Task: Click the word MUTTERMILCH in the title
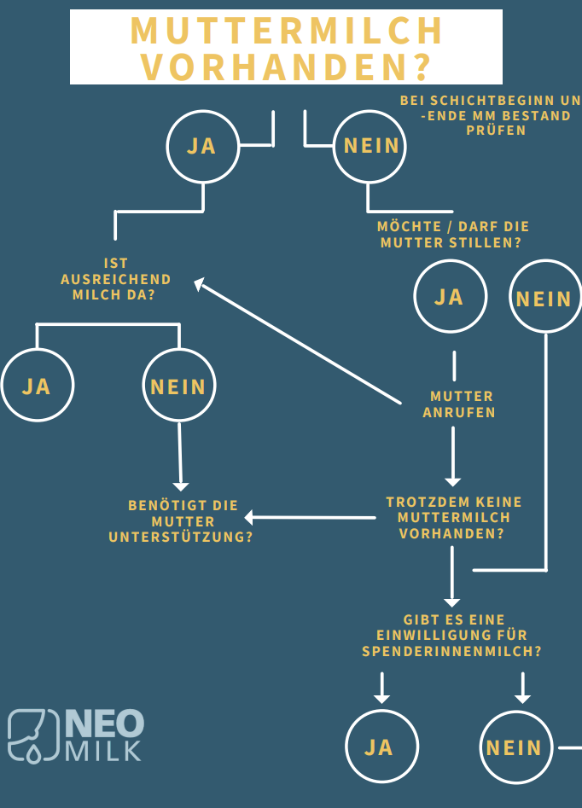click(x=287, y=31)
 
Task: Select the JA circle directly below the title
click(x=202, y=146)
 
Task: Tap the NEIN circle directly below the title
click(x=370, y=146)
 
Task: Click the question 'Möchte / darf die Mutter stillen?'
click(x=452, y=235)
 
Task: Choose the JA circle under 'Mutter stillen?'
click(x=450, y=297)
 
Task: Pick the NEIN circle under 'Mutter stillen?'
click(x=544, y=298)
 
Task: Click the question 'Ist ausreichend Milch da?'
click(x=116, y=279)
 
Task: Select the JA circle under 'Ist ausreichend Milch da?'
click(x=37, y=386)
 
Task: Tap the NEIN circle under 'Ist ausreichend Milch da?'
click(x=178, y=387)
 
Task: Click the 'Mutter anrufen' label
click(x=461, y=404)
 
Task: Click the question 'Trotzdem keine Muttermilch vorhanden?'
click(x=453, y=518)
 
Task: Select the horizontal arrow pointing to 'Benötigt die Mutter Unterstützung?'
click(x=311, y=517)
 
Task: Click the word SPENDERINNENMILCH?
click(x=451, y=651)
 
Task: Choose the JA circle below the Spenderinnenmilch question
click(x=381, y=747)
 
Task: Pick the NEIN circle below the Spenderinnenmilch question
click(x=515, y=747)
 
